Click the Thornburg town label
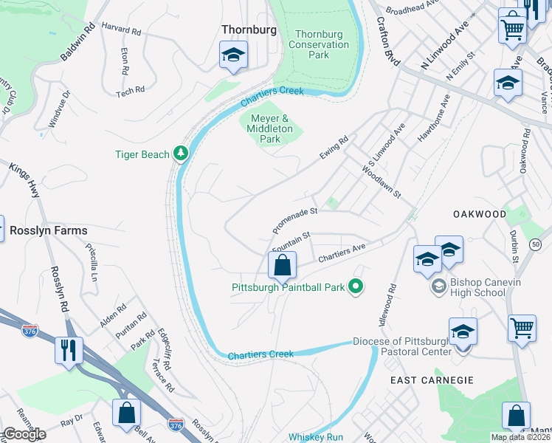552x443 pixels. [249, 30]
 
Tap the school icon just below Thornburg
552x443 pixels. [233, 55]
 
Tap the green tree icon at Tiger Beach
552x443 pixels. [180, 154]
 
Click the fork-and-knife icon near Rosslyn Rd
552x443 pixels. [69, 349]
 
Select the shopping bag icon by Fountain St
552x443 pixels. [282, 265]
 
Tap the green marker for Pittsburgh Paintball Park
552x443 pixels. [356, 286]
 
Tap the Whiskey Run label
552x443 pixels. [316, 437]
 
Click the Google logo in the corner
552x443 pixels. [24, 434]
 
